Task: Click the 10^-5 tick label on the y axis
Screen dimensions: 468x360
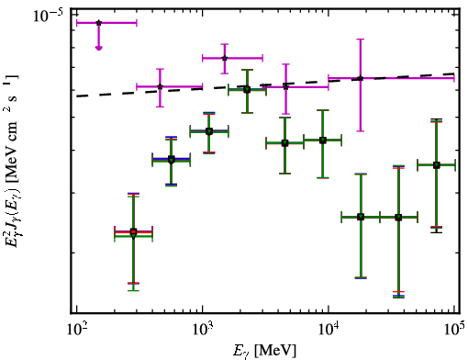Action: [x=49, y=16]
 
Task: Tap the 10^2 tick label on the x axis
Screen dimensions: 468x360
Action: [x=76, y=329]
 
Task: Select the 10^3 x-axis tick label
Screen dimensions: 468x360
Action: [x=203, y=329]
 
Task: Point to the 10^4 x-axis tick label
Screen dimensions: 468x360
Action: [x=329, y=329]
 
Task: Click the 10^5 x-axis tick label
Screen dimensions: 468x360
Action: [x=454, y=329]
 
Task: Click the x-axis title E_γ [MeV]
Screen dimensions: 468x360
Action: [x=264, y=351]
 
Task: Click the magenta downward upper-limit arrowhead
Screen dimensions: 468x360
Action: [x=98, y=48]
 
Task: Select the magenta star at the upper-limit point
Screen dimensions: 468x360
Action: [x=98, y=23]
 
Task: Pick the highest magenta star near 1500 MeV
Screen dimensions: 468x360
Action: [x=225, y=58]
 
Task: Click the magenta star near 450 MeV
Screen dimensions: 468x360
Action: [x=160, y=86]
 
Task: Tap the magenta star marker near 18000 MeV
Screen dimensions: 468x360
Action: [x=361, y=78]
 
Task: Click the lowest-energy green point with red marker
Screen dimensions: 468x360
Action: [x=133, y=232]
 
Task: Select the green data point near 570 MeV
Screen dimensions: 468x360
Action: [x=172, y=160]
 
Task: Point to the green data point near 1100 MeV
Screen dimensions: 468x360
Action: [x=209, y=131]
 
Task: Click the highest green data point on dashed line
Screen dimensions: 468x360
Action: [x=247, y=90]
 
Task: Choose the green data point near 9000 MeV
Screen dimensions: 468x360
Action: [x=323, y=141]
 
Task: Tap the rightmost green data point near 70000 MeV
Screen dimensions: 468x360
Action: [x=437, y=165]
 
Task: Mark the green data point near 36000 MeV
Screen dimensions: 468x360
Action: [x=398, y=218]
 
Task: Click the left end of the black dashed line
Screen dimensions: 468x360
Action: [x=77, y=96]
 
